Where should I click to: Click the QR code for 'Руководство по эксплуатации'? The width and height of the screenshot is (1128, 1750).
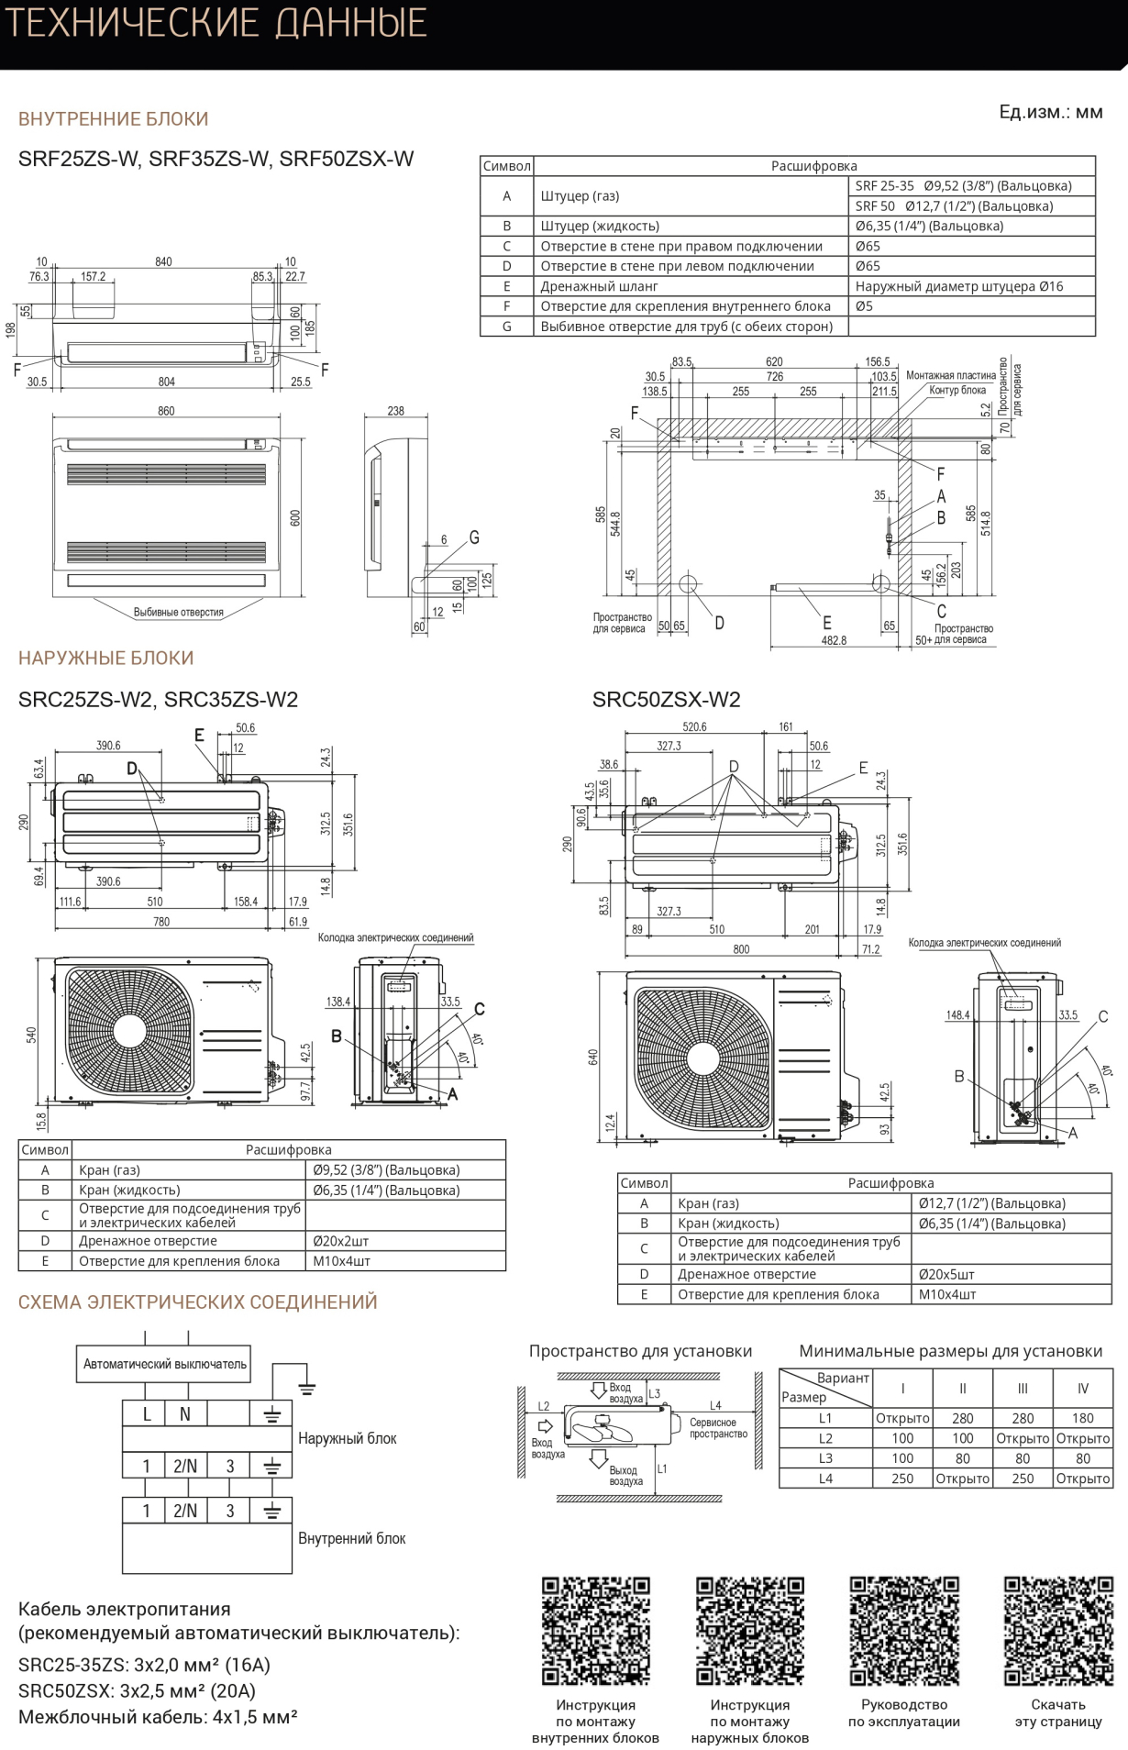pyautogui.click(x=904, y=1631)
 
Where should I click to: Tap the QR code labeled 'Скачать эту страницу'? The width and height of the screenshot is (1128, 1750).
pyautogui.click(x=1058, y=1631)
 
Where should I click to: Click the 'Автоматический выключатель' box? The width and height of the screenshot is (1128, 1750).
pyautogui.click(x=165, y=1364)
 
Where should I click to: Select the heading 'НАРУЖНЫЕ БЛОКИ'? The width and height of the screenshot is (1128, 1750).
pyautogui.click(x=106, y=658)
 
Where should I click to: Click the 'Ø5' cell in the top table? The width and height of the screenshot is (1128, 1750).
pyautogui.click(x=865, y=306)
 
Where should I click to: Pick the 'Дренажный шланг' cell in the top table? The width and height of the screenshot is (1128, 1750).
pyautogui.click(x=599, y=286)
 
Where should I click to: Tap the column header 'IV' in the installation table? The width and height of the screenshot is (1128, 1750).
pyautogui.click(x=1083, y=1389)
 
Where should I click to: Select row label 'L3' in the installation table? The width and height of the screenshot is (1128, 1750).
pyautogui.click(x=825, y=1458)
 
